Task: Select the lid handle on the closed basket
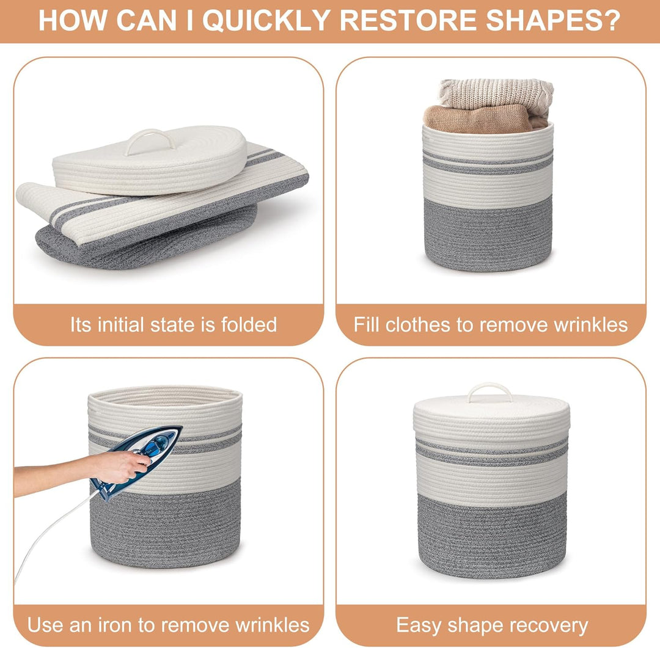click(x=490, y=391)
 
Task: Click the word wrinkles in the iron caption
click(x=273, y=625)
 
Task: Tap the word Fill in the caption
click(x=367, y=324)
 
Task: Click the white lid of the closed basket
click(x=491, y=415)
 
